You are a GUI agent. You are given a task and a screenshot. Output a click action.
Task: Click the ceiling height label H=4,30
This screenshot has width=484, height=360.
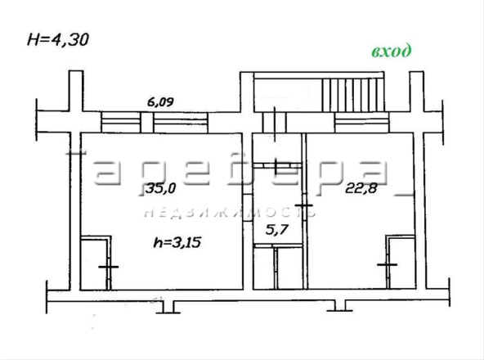[58, 39]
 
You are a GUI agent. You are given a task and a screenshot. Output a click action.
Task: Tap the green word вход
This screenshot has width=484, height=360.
[392, 52]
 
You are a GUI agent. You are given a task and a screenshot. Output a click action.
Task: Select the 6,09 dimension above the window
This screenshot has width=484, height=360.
[160, 102]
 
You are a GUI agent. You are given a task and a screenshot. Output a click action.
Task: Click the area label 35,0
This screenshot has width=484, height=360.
[160, 187]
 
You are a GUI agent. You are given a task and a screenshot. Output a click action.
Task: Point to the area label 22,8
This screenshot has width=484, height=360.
[361, 187]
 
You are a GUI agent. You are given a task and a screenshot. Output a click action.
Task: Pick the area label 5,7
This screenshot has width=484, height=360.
[277, 230]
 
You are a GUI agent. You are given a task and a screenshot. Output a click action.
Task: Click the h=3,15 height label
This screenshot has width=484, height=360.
[177, 242]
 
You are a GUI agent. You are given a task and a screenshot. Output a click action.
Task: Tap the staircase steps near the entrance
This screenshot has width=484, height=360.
[353, 95]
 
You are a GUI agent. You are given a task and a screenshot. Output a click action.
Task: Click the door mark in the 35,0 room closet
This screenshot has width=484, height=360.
[109, 267]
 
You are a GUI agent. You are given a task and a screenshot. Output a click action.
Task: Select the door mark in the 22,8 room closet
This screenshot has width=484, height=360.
[387, 264]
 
